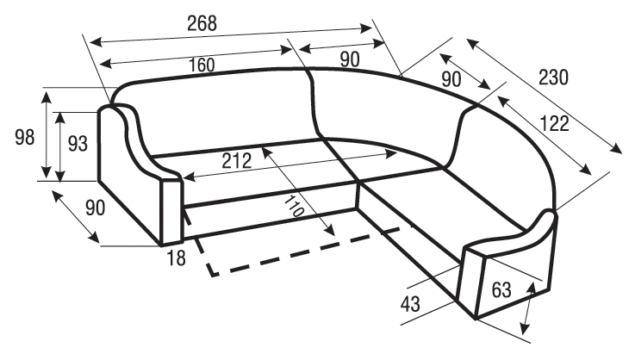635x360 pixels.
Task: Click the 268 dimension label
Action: click(x=202, y=23)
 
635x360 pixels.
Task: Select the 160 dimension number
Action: click(x=202, y=65)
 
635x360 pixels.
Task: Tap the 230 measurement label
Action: click(x=553, y=77)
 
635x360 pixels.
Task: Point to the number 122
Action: click(x=555, y=123)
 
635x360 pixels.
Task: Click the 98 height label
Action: click(x=25, y=137)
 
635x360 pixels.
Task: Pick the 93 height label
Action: click(x=78, y=143)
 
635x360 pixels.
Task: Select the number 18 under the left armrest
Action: click(x=176, y=258)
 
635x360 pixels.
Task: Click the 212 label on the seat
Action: click(x=236, y=161)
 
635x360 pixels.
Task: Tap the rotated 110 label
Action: click(x=293, y=206)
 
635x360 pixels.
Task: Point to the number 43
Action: click(x=410, y=304)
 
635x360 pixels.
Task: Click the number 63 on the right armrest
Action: click(x=501, y=290)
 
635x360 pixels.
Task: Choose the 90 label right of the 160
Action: click(x=350, y=59)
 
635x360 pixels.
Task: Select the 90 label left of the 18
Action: click(x=95, y=208)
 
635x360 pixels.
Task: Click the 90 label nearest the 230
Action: click(x=451, y=79)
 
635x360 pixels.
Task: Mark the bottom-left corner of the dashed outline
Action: click(x=213, y=276)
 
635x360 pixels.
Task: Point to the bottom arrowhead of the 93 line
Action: click(x=60, y=176)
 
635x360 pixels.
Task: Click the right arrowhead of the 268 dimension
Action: click(x=366, y=28)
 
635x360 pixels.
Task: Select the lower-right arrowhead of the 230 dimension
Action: click(x=617, y=149)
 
